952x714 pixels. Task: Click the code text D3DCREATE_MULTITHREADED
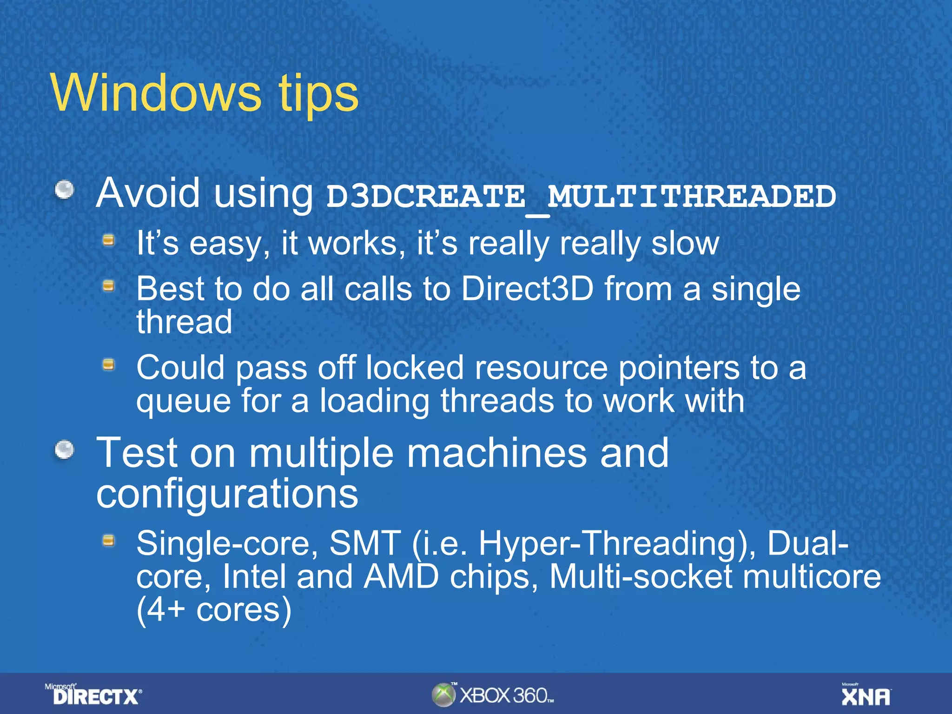pos(581,197)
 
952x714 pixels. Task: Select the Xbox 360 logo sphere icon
pos(443,695)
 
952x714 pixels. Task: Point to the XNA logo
pos(866,696)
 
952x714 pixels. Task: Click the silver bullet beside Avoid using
pos(65,190)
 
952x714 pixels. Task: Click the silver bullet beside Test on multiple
pos(65,450)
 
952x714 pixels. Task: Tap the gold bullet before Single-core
pos(109,540)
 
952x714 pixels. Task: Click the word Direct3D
pos(527,289)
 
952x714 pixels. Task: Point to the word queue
pos(183,402)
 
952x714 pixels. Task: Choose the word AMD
pos(401,576)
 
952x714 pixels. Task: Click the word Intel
pos(254,576)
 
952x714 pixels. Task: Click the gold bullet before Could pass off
pos(109,365)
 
